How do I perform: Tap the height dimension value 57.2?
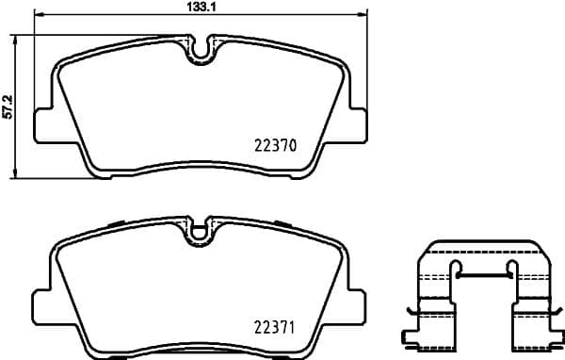tap(8, 106)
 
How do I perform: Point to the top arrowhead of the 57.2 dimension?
tap(14, 39)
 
